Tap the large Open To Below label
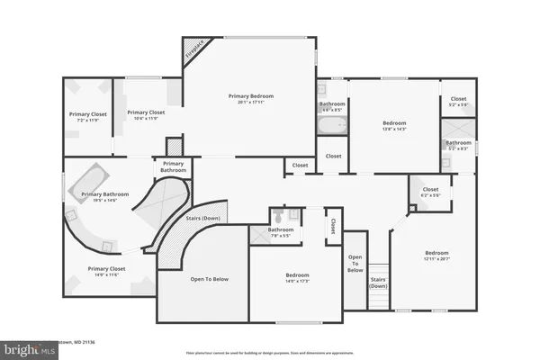point(209,279)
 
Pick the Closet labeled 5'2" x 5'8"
point(458,101)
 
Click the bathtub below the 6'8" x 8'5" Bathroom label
point(331,125)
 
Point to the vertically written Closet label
point(332,225)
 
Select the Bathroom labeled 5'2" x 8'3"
point(458,145)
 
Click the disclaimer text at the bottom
point(270,353)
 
